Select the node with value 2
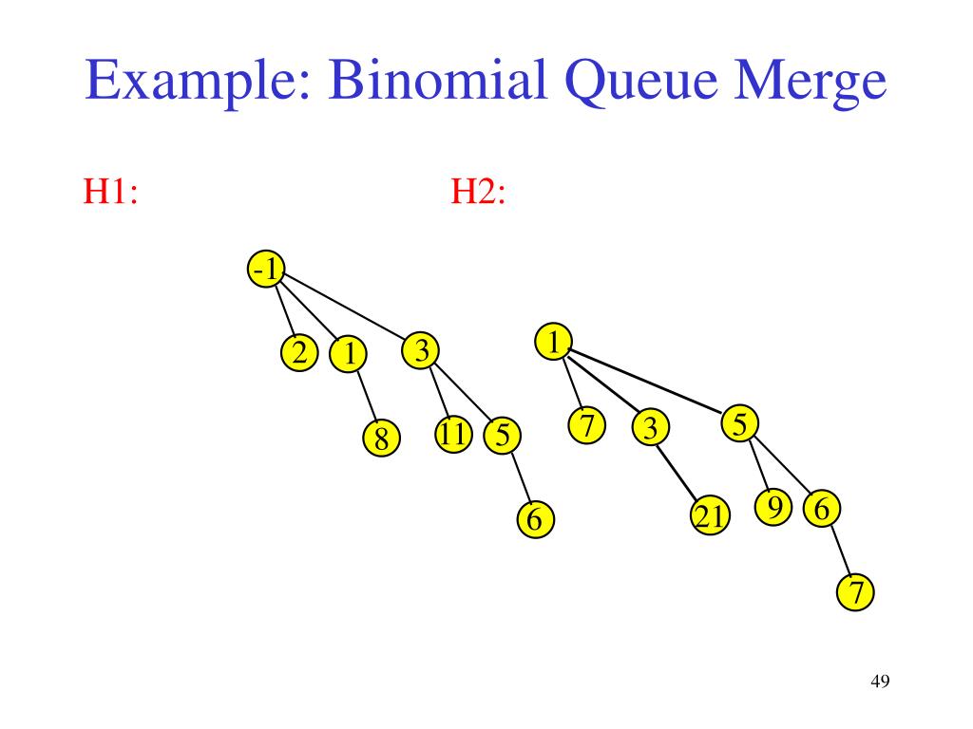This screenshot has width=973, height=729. [x=299, y=354]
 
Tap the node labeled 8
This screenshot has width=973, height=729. [x=381, y=439]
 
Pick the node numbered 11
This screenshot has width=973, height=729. [x=453, y=435]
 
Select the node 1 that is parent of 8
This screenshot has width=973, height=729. [x=349, y=355]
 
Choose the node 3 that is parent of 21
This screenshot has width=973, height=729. [x=650, y=429]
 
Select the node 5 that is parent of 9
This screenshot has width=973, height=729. [x=740, y=424]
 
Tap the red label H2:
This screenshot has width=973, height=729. [x=477, y=192]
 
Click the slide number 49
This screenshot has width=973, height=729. [x=879, y=682]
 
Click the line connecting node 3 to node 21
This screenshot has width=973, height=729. [x=680, y=474]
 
